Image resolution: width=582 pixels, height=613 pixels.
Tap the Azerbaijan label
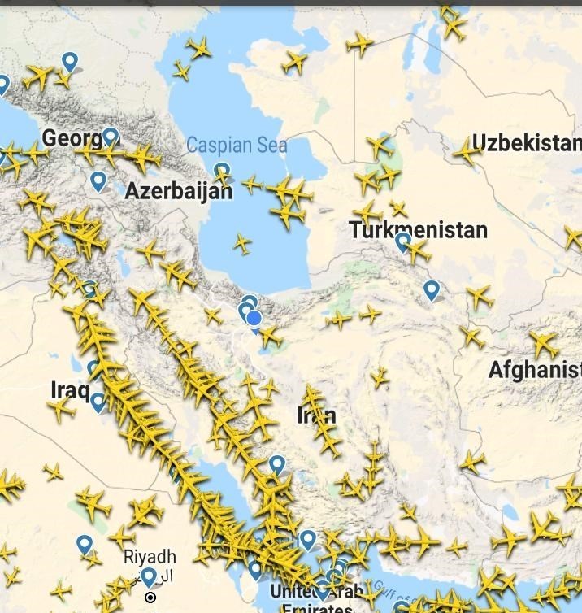(x=178, y=191)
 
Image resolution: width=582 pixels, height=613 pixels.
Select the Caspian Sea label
(x=237, y=146)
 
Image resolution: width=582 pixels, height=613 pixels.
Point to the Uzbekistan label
(x=527, y=143)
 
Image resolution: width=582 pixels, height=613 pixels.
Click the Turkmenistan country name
(x=419, y=229)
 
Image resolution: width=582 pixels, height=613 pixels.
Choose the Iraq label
(x=70, y=389)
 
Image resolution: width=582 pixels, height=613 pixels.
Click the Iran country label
(x=316, y=415)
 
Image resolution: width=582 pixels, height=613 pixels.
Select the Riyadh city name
(x=149, y=557)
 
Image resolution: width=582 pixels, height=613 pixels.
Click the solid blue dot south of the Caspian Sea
(x=254, y=318)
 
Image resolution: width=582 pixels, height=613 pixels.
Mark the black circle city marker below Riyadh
(x=150, y=598)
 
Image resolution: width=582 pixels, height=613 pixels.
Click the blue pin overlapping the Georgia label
(x=111, y=137)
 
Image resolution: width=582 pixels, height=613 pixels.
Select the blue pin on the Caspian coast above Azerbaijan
(x=221, y=172)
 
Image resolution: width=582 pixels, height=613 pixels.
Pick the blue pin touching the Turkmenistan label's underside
(x=403, y=241)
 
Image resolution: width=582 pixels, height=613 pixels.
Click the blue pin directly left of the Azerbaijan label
(x=98, y=180)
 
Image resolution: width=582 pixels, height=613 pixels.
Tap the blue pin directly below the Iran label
(x=277, y=464)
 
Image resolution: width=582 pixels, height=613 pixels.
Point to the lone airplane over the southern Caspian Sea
(x=242, y=243)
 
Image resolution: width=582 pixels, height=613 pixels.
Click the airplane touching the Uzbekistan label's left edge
(x=467, y=150)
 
